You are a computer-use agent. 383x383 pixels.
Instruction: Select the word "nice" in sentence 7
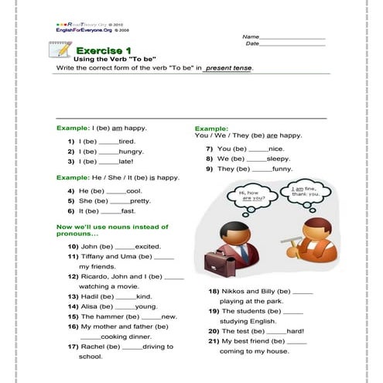[276, 149]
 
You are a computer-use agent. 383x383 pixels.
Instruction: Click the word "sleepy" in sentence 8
[279, 159]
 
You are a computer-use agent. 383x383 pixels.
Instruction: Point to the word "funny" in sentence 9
[282, 169]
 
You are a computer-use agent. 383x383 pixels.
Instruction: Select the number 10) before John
[73, 246]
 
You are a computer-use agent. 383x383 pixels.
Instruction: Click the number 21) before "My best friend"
[213, 341]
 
